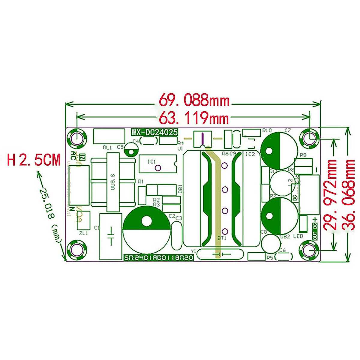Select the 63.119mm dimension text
194,118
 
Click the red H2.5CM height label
34,160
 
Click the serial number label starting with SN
158,257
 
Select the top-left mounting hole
76,138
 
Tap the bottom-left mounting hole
76,250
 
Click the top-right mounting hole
310,138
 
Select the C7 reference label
288,130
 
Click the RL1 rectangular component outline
109,136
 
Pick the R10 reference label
267,130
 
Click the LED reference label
298,236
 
